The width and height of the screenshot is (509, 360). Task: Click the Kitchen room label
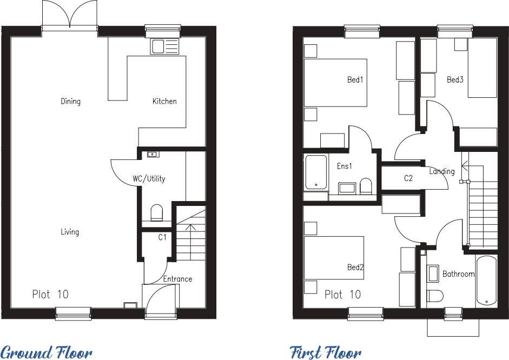point(164,101)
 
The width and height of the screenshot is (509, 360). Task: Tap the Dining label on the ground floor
point(70,101)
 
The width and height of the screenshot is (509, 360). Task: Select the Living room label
point(70,232)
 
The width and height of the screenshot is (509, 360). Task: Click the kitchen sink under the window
point(165,47)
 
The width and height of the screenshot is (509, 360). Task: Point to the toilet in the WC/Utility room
point(157,212)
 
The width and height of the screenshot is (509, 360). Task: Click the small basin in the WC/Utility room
point(153,155)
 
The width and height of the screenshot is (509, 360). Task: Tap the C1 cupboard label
point(162,237)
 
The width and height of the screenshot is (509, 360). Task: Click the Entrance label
point(177,279)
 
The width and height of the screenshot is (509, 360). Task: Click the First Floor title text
point(326,352)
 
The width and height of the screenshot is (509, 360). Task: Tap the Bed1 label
point(355,80)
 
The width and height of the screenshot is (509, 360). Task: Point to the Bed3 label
point(455,80)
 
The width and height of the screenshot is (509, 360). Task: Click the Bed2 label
point(355,268)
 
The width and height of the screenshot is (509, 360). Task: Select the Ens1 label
point(344,166)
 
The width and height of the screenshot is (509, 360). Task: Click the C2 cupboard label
point(408,178)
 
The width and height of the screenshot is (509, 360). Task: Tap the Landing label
point(442,171)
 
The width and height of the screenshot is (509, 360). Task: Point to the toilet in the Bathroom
point(434,295)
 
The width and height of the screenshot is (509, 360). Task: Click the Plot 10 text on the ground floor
point(50,295)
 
